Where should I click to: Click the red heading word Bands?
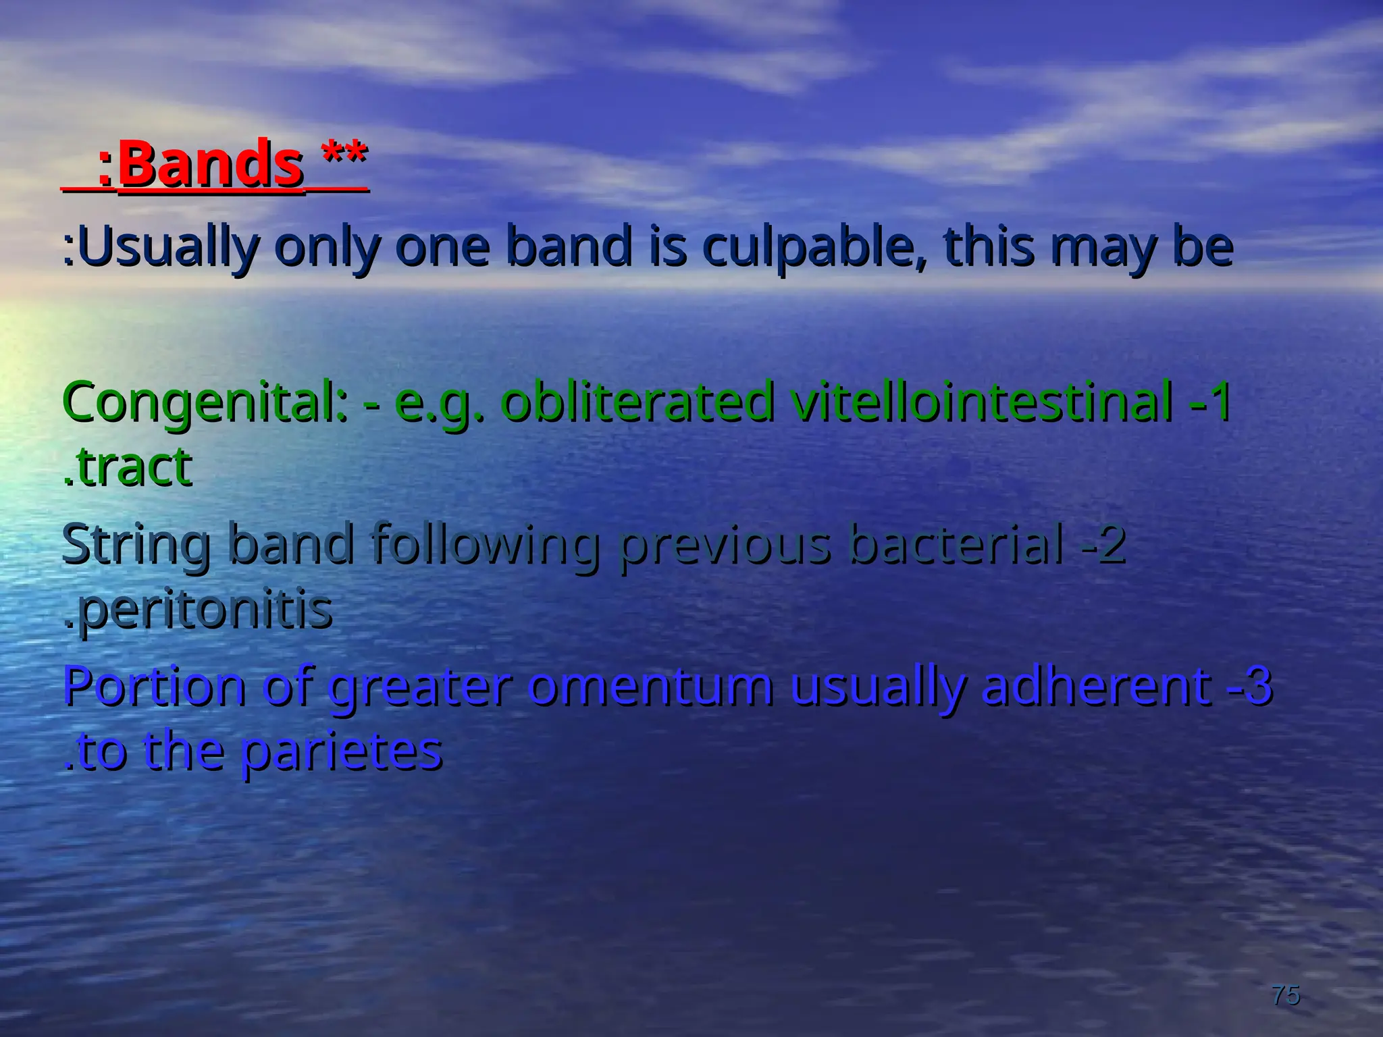click(210, 164)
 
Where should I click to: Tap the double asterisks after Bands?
click(344, 156)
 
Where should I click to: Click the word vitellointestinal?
click(982, 402)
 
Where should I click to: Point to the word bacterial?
click(956, 544)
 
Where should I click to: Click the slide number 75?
click(1285, 994)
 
